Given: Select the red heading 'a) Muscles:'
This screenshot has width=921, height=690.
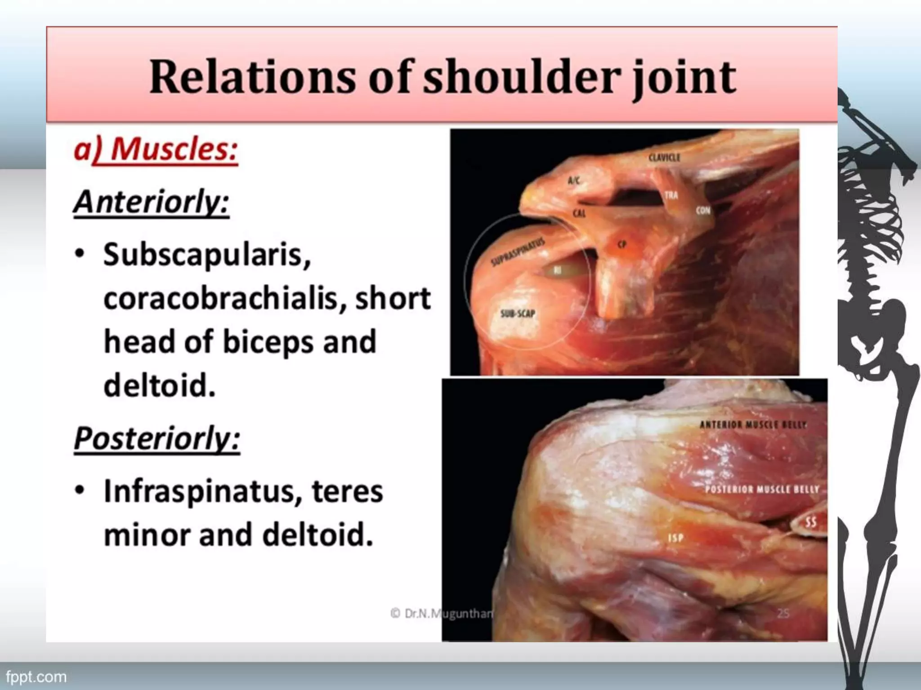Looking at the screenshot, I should point(156,149).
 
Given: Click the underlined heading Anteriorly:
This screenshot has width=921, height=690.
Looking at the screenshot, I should point(152,202).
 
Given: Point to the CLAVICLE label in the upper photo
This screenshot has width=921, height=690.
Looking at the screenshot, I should point(664,158).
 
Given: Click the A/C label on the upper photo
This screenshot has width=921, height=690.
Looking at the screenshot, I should point(574,181).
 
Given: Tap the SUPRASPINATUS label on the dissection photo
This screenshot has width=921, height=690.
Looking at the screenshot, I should point(518,252).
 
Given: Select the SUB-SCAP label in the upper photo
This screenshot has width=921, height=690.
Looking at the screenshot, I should point(518,313).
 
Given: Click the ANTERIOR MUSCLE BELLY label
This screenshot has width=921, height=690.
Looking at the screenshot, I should point(753,425).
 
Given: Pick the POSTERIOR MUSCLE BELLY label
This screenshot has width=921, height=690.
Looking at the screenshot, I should point(762,489).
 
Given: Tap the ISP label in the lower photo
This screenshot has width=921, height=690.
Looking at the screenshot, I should point(675,538).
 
